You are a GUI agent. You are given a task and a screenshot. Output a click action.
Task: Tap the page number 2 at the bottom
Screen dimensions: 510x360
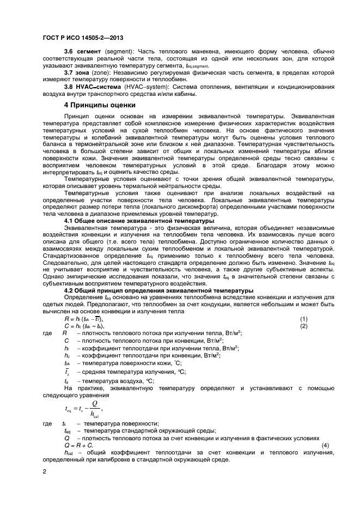click(x=44, y=471)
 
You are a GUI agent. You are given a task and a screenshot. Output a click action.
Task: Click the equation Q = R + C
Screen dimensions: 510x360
click(x=78, y=445)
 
